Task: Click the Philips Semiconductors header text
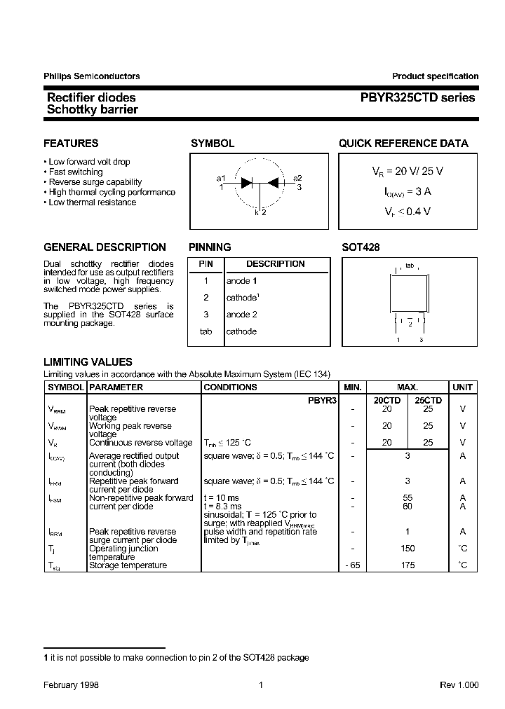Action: coord(91,76)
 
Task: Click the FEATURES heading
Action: coord(71,144)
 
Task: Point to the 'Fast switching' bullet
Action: coord(75,172)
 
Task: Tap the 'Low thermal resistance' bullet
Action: coord(92,202)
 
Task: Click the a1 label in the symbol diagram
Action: coord(221,178)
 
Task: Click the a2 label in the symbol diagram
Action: coord(297,178)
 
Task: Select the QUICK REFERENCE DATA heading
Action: coord(403,144)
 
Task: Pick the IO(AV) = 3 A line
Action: coord(407,191)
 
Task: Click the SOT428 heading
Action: coord(361,247)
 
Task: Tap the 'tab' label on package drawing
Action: coord(410,266)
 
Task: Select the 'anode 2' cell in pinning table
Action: coord(241,315)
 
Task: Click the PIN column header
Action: coord(206,264)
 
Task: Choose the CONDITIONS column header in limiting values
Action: coord(230,387)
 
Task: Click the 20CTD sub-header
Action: coord(387,400)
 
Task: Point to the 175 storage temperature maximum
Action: coord(408,565)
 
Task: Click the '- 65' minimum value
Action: coord(352,565)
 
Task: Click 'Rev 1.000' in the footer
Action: coord(459,686)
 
